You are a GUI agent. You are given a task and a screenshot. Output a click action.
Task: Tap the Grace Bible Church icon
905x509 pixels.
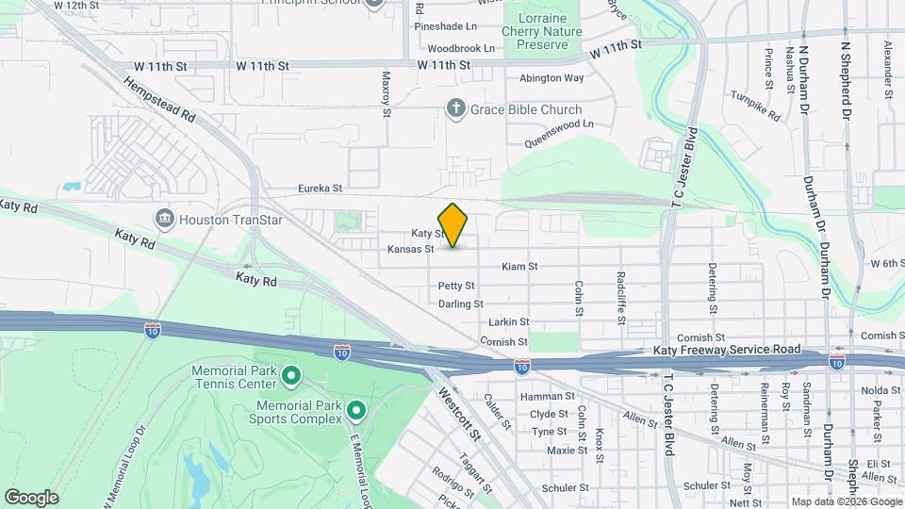point(455,110)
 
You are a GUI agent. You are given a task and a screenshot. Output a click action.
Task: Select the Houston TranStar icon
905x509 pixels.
point(166,220)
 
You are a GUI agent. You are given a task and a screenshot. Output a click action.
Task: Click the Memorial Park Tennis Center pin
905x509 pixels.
point(291,377)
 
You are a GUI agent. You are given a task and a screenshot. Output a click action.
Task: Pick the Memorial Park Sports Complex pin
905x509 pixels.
point(356,410)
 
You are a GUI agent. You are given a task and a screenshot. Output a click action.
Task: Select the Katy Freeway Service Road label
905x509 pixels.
point(727,350)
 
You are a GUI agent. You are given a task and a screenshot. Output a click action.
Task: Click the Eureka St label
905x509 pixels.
point(320,188)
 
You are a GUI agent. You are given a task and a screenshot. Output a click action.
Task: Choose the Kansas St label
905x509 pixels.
point(410,250)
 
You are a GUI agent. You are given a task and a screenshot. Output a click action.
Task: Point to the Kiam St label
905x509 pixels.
point(519,267)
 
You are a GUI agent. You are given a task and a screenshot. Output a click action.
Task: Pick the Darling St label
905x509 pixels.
point(461,304)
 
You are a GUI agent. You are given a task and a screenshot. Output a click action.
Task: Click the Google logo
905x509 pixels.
point(30,498)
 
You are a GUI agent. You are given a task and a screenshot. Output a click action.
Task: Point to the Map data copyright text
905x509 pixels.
point(845,501)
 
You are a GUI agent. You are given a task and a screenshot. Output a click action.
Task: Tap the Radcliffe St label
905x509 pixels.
point(621,298)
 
